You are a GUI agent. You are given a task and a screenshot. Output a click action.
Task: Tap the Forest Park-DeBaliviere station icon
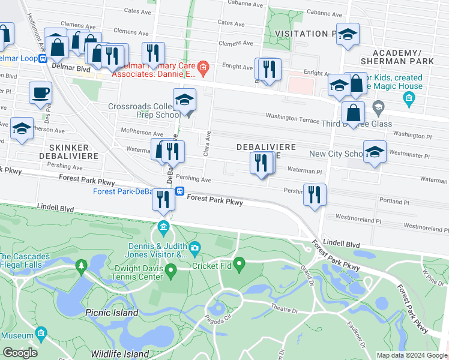pyautogui.click(x=179, y=191)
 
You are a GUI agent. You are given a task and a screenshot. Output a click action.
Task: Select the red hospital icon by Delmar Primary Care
pyautogui.click(x=203, y=67)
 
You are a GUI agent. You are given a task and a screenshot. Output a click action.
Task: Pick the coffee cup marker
pyautogui.click(x=40, y=93)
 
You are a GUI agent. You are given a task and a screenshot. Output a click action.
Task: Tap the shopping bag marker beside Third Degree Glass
pyautogui.click(x=354, y=112)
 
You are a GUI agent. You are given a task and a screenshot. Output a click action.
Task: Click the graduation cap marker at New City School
pyautogui.click(x=375, y=152)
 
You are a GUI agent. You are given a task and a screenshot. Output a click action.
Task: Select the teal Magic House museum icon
pyautogui.click(x=409, y=98)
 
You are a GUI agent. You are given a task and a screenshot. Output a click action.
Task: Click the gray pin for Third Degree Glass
pyautogui.click(x=378, y=109)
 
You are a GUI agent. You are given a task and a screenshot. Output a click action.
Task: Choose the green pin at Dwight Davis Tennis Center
pyautogui.click(x=170, y=272)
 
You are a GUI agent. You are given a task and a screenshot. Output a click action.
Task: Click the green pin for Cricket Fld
pyautogui.click(x=240, y=263)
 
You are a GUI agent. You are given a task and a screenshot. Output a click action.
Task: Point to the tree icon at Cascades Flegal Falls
pyautogui.click(x=81, y=265)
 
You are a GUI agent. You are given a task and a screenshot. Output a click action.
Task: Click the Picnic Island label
pyautogui.click(x=112, y=313)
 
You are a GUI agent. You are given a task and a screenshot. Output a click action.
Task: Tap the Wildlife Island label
pyautogui.click(x=119, y=354)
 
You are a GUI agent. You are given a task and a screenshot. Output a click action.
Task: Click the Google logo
pyautogui.click(x=20, y=353)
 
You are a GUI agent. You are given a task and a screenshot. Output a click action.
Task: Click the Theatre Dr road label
pyautogui.click(x=284, y=310)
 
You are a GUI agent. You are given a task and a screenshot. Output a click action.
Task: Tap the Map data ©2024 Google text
pyautogui.click(x=411, y=355)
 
